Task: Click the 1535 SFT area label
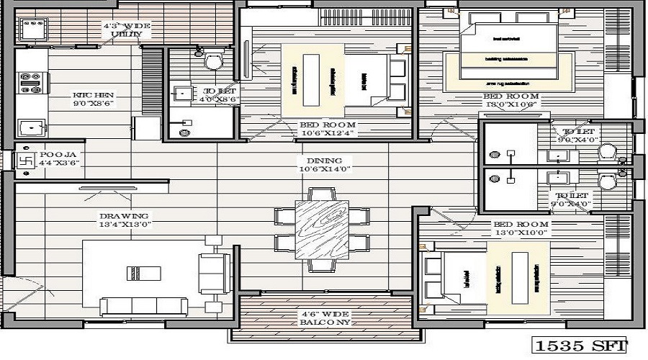580,346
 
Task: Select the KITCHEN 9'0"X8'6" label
94,99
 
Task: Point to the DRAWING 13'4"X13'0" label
124,220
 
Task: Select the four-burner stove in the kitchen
30,82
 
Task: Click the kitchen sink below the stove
30,128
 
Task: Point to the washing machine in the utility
30,30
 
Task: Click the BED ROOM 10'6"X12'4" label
329,128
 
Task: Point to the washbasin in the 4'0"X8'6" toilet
183,93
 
